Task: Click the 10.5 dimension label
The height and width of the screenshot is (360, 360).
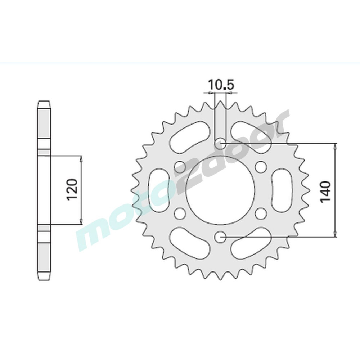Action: (x=221, y=85)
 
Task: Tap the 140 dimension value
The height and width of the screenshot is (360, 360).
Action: (x=325, y=192)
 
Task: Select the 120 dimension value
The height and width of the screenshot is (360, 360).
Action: (x=72, y=189)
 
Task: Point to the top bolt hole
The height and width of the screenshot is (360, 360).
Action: (x=220, y=143)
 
